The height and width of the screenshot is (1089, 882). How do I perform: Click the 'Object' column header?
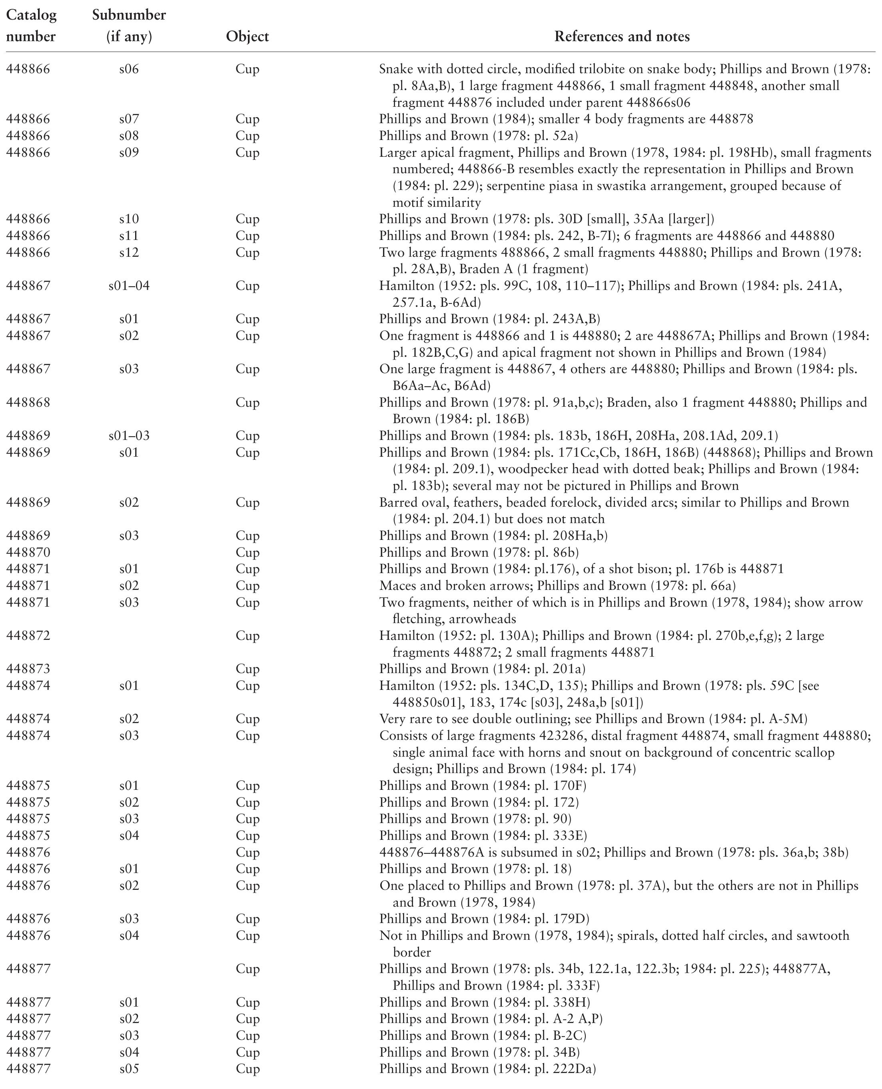click(247, 36)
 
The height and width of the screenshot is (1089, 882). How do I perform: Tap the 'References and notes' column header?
click(622, 36)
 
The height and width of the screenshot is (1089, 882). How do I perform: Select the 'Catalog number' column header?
click(31, 26)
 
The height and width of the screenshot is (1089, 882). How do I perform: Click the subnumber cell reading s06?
click(129, 69)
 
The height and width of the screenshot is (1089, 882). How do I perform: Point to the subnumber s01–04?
click(129, 286)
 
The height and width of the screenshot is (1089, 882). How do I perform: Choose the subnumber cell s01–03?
click(129, 436)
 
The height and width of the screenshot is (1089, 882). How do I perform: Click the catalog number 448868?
click(28, 402)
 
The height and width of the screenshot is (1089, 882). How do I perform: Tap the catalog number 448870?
click(28, 552)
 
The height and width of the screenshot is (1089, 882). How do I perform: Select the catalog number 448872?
click(28, 636)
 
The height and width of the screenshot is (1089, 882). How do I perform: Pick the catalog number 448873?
click(28, 669)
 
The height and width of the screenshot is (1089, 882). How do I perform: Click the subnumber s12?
click(129, 253)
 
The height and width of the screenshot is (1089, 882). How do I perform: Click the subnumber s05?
click(129, 1069)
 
